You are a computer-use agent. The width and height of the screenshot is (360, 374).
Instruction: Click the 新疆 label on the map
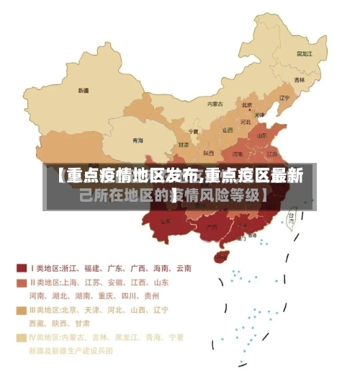coord(84,91)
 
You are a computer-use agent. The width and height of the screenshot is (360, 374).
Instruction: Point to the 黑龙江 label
coord(304,53)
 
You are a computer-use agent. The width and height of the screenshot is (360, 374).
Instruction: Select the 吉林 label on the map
coord(299,79)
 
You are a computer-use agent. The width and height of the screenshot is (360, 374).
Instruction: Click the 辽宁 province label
coord(284,97)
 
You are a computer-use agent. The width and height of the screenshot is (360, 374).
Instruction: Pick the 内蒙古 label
coord(215,104)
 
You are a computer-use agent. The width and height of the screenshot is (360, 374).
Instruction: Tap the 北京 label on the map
coord(247,105)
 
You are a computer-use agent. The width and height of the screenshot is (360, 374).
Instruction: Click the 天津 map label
coord(260,115)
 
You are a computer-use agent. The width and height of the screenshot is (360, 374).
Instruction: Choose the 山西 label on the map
coord(228,130)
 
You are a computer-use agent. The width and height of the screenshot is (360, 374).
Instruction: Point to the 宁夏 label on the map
coord(193,132)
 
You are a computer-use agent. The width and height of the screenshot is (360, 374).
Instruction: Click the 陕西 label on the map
coord(208,153)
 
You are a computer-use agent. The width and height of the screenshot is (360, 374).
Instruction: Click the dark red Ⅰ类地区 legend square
coord(22,268)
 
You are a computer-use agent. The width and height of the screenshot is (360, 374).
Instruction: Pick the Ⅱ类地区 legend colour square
coord(22,282)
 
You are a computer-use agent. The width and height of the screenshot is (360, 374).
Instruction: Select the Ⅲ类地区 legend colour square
coord(22,311)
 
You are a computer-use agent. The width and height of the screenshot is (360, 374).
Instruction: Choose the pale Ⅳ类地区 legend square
coord(22,337)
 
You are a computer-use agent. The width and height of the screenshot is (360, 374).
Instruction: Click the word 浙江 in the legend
coord(73,268)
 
